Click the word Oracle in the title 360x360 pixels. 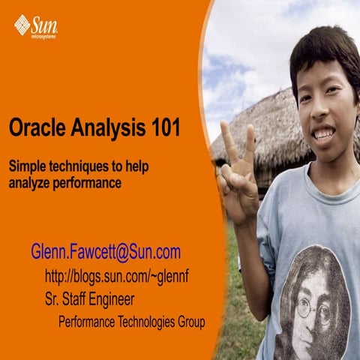(35, 128)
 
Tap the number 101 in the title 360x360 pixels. (163, 128)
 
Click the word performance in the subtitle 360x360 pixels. (88, 181)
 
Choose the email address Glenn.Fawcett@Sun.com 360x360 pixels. (106, 252)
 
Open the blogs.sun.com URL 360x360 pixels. (117, 277)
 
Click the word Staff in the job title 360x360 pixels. (77, 300)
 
